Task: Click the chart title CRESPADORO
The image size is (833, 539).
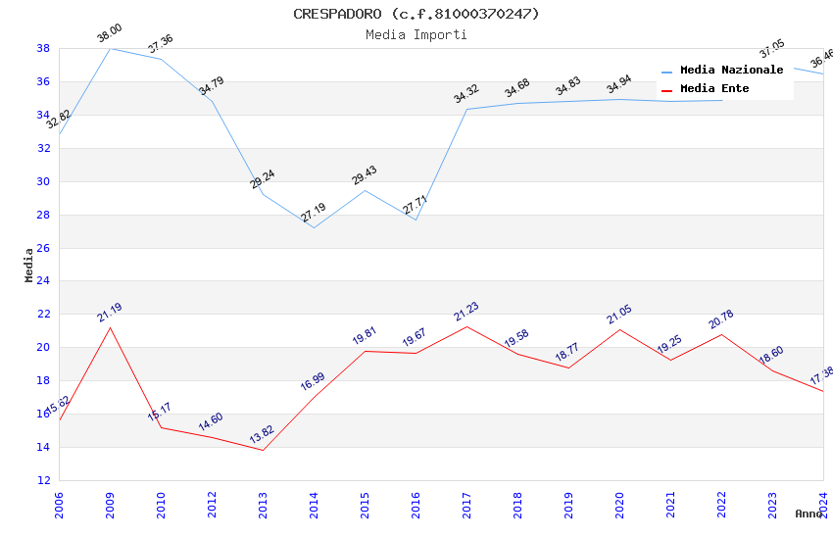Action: (x=416, y=14)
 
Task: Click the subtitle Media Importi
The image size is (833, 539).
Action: (x=416, y=34)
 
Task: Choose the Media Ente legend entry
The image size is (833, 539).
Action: (x=714, y=88)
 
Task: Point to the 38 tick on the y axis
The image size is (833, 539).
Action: (x=43, y=48)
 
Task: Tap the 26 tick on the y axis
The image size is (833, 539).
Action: (x=43, y=248)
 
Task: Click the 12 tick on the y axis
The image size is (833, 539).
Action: (x=43, y=480)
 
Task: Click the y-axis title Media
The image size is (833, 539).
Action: (x=29, y=265)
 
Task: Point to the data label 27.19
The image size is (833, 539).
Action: (x=313, y=213)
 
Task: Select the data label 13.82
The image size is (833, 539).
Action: (x=262, y=435)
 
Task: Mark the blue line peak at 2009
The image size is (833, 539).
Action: (x=110, y=48)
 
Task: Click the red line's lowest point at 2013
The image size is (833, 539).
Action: (x=263, y=450)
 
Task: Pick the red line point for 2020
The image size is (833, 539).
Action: (x=619, y=329)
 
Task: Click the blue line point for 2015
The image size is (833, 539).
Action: (x=365, y=190)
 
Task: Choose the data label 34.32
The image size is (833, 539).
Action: (x=465, y=94)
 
